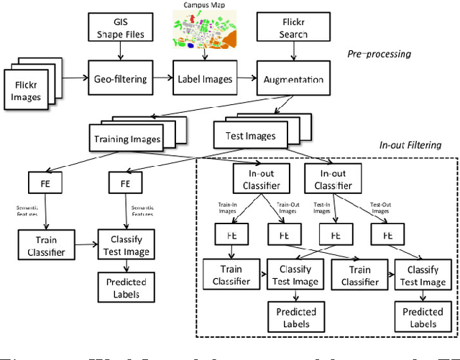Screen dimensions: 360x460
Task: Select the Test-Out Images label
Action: point(381,208)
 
